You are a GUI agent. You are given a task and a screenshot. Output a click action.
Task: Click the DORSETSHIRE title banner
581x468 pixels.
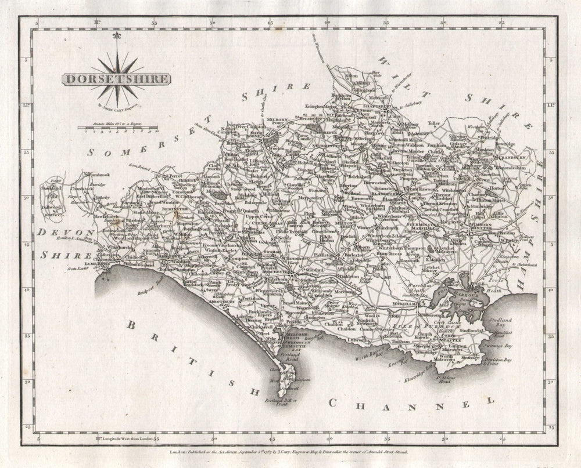116,79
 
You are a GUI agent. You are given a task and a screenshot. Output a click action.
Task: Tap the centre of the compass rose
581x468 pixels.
117,78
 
